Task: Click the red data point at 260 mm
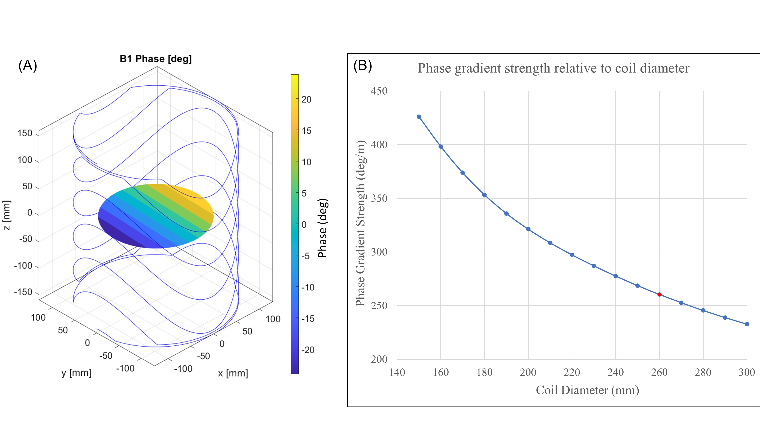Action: [x=659, y=294]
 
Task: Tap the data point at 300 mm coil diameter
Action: [x=747, y=324]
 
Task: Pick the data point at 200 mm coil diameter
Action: [x=528, y=229]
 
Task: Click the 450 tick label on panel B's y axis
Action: [x=379, y=91]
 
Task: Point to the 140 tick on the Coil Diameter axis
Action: [x=397, y=372]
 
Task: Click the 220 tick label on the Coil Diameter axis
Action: [x=572, y=372]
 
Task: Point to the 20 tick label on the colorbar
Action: [x=306, y=99]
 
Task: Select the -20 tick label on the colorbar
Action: [x=308, y=350]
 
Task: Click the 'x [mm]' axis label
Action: [x=233, y=373]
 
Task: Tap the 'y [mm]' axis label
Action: [x=76, y=373]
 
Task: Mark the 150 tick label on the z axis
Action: [x=25, y=133]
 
